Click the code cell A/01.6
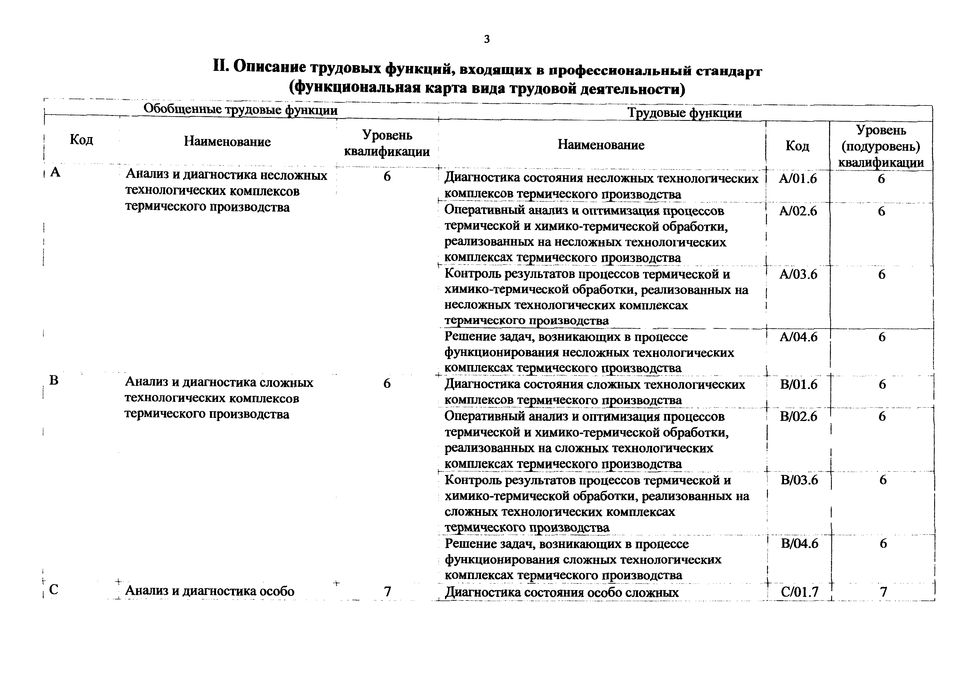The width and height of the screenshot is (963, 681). (x=798, y=179)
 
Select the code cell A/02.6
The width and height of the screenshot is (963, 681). (x=798, y=211)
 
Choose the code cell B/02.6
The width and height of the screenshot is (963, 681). (x=799, y=417)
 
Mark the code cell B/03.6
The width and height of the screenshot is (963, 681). (x=799, y=480)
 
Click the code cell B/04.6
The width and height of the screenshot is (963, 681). (x=799, y=544)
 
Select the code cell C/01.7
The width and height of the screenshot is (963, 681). (x=799, y=592)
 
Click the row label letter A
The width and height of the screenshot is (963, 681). (x=55, y=173)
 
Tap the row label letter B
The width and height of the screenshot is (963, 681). (x=54, y=380)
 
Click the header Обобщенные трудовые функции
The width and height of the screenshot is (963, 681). (x=240, y=110)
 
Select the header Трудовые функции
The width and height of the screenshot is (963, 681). (x=684, y=113)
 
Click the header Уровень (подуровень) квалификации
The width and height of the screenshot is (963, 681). (x=881, y=146)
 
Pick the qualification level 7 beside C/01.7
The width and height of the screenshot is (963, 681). (x=883, y=592)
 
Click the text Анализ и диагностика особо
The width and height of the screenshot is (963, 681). (x=210, y=591)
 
